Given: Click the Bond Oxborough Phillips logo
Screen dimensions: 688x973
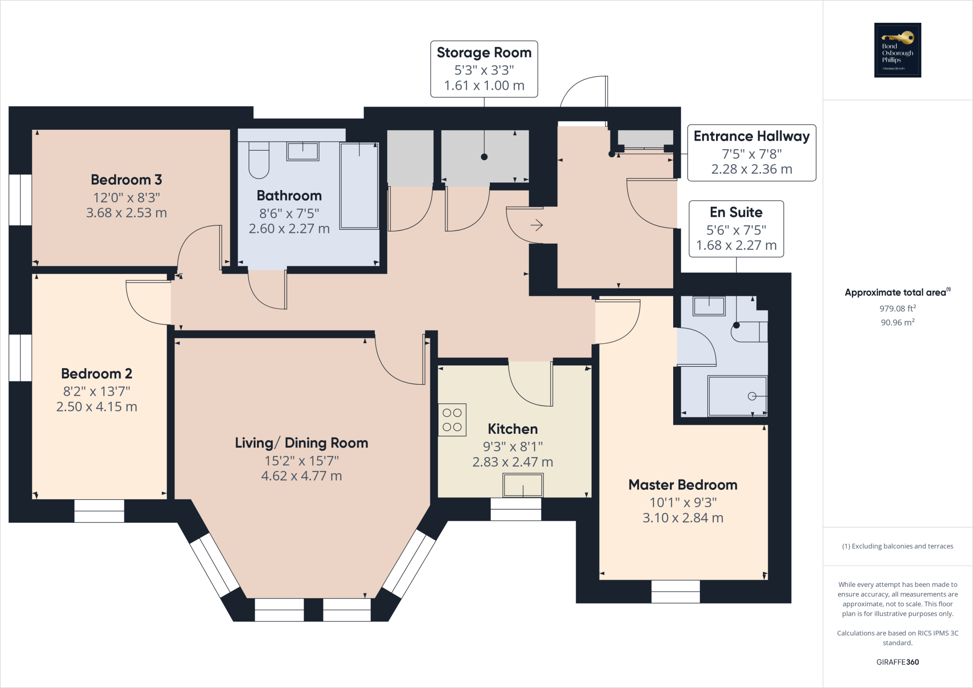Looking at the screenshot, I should click(897, 50).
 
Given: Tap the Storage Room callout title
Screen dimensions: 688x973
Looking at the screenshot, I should click(484, 53).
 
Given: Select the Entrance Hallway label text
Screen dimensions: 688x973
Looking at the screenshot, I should click(751, 136).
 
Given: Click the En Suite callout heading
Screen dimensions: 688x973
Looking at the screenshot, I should click(736, 212).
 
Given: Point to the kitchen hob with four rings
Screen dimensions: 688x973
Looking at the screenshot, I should click(452, 420).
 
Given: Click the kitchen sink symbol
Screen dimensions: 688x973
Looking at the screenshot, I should click(523, 486).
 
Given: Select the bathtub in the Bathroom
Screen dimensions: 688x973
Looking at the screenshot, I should click(359, 185).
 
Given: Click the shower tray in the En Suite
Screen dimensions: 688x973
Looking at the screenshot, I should click(737, 396).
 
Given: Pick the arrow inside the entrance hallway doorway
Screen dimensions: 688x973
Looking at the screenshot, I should click(536, 225).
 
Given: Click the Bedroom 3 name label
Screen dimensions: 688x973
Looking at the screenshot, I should click(126, 180).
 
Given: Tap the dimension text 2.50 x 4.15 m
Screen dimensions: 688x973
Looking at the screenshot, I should click(96, 407).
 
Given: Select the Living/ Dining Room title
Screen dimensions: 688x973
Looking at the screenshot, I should click(301, 443).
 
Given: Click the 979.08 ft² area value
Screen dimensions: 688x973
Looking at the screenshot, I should click(897, 308).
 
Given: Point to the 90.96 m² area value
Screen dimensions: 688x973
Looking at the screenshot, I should click(897, 322).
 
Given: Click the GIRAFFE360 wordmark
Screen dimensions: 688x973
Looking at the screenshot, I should click(897, 662).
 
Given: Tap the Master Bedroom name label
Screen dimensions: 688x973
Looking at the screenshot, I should click(683, 485).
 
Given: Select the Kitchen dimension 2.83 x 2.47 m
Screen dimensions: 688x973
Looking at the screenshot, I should click(513, 462).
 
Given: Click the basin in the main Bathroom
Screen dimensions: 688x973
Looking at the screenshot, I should click(303, 152).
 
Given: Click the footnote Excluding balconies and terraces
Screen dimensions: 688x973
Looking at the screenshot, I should click(897, 546).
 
